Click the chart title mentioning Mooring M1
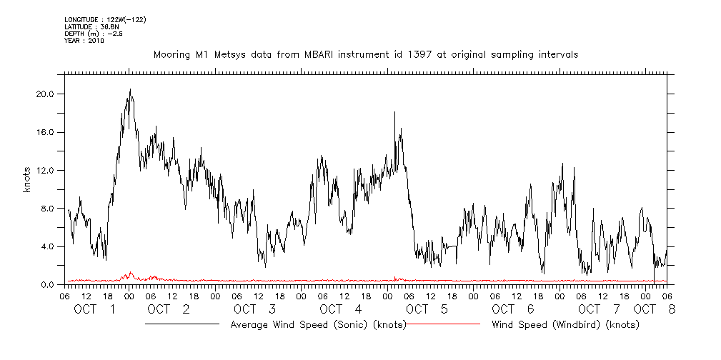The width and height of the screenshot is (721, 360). click(366, 54)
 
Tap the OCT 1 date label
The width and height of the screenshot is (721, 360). click(95, 309)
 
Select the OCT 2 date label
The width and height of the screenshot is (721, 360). click(169, 309)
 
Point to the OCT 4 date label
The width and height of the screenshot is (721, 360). click(341, 309)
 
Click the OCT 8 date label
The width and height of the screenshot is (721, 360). click(653, 309)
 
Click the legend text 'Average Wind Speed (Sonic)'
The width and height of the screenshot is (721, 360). click(318, 324)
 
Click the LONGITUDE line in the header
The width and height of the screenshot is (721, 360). click(106, 19)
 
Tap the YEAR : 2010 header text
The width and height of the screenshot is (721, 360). click(84, 41)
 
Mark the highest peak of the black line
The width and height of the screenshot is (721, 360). click(130, 89)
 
